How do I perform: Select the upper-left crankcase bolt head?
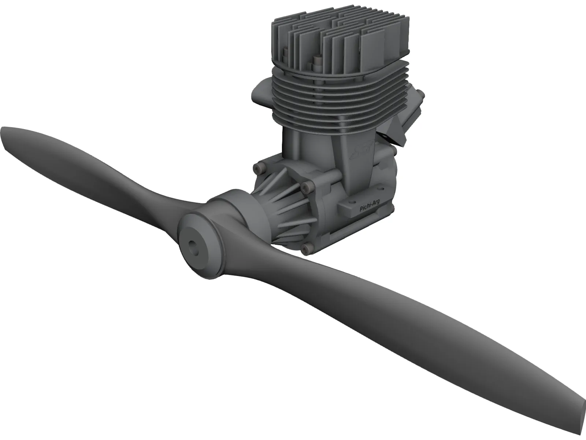click(258, 168)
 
